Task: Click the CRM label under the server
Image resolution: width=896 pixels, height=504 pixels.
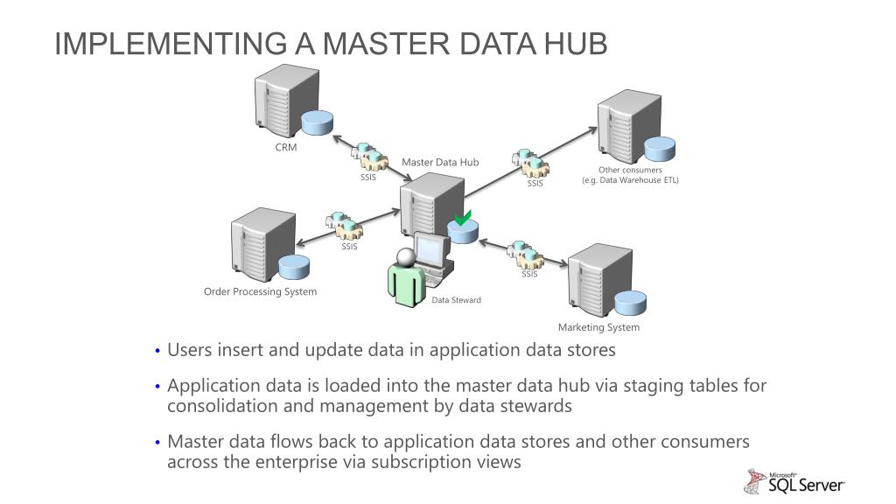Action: [286, 147]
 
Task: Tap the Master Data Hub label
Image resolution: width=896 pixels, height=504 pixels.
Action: [440, 162]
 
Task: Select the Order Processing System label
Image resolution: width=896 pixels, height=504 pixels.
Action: [261, 291]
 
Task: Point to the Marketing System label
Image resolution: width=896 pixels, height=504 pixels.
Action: [598, 327]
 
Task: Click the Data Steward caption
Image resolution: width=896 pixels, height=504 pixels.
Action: [456, 300]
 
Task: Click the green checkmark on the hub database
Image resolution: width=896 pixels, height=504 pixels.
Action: [463, 218]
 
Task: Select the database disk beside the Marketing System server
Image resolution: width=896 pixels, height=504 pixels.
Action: [630, 303]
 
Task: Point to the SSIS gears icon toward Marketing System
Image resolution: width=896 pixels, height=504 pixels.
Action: [528, 255]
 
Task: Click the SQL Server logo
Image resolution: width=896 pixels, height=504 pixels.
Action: [794, 480]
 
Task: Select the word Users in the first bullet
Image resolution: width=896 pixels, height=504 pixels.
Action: [189, 350]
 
